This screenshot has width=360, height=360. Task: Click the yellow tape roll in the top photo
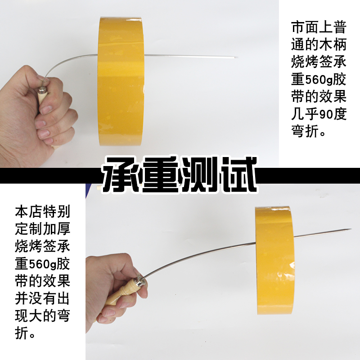coord(121,81)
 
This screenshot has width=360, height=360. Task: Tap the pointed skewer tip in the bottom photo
coord(351,229)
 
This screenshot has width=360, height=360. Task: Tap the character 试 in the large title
coord(238,175)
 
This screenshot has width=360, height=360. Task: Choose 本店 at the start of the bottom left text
coord(29,211)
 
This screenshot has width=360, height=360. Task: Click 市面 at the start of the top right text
coord(305,27)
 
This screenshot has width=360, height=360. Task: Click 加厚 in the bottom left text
coord(57,229)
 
